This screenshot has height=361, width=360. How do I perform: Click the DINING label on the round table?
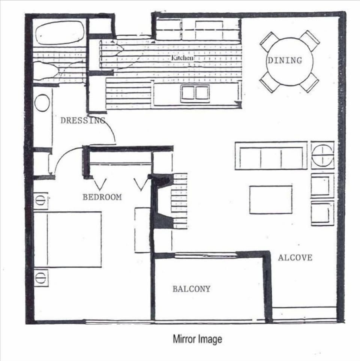click(284, 60)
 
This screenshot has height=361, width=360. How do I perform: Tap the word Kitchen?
click(183, 58)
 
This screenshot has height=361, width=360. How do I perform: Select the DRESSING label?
click(82, 121)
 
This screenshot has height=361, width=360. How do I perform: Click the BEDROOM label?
click(102, 197)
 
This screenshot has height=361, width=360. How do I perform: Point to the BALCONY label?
click(191, 289)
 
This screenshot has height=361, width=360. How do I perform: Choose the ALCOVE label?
click(295, 258)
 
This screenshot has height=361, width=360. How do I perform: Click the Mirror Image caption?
click(197, 339)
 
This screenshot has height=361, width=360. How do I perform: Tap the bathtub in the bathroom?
click(60, 33)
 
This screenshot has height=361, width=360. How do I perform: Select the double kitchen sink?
click(195, 93)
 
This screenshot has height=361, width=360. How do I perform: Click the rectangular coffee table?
click(271, 199)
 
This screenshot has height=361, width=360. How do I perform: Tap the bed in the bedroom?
click(67, 239)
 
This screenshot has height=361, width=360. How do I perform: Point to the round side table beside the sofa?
click(322, 155)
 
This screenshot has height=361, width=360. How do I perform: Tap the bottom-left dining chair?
click(269, 82)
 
